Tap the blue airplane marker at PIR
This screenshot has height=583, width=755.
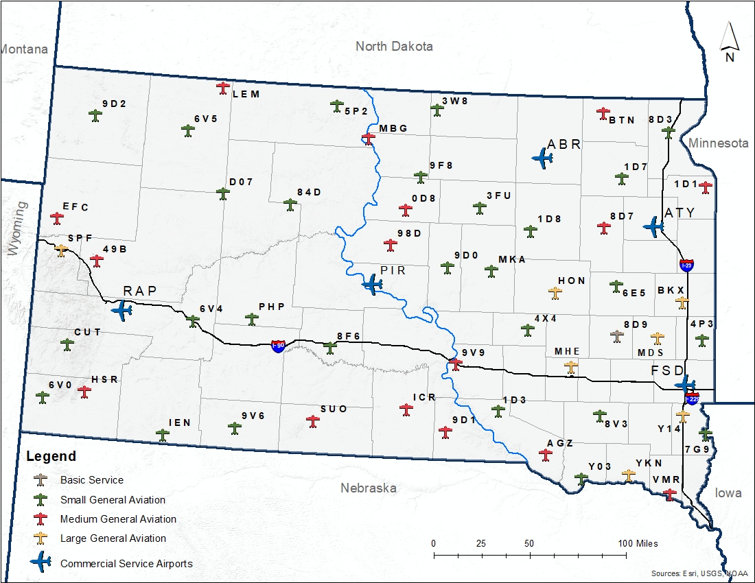click(x=373, y=284)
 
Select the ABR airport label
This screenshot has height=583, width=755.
click(x=564, y=145)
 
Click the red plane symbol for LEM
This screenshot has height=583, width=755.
click(x=223, y=88)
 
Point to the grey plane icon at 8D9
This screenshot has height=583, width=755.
click(x=617, y=335)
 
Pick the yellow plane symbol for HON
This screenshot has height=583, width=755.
click(x=555, y=293)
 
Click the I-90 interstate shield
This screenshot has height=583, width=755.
click(x=277, y=346)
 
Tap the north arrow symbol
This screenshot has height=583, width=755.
click(x=730, y=43)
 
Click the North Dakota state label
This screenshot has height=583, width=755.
click(x=394, y=46)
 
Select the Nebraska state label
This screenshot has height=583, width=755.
click(x=369, y=488)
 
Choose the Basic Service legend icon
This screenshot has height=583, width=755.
click(x=41, y=479)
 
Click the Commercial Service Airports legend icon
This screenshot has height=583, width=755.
click(x=41, y=562)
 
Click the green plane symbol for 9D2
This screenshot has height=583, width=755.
click(x=95, y=116)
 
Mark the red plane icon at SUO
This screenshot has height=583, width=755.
click(x=314, y=420)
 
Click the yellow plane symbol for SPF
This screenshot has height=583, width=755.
click(x=62, y=250)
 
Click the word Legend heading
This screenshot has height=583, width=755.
click(x=51, y=456)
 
